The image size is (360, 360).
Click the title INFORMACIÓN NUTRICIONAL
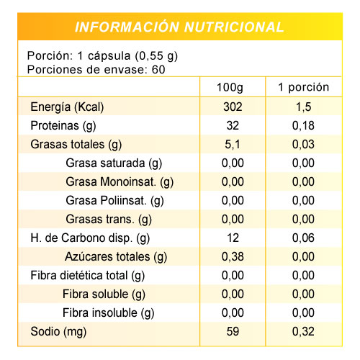point(179,27)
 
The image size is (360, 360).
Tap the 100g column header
point(230,88)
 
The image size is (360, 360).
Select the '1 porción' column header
point(303,87)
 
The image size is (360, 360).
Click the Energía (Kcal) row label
point(67,107)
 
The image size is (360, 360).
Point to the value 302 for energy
point(233,107)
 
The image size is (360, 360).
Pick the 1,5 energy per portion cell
point(303,107)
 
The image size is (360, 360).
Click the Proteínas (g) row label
point(63,126)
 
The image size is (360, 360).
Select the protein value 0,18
point(303,126)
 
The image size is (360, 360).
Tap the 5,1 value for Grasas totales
point(233,145)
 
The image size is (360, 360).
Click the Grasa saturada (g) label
point(114,163)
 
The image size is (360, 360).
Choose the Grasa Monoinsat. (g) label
point(120,182)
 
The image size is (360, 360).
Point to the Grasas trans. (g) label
point(109,220)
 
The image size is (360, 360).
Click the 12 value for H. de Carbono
point(233,238)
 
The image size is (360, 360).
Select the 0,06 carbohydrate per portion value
point(303,238)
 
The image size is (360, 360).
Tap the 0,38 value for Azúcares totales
point(233,257)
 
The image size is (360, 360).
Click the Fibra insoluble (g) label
point(109,313)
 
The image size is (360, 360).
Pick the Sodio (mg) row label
point(58,332)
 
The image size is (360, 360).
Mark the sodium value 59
point(233,331)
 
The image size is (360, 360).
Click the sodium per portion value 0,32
point(303,332)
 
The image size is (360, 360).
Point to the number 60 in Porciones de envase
point(158,70)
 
